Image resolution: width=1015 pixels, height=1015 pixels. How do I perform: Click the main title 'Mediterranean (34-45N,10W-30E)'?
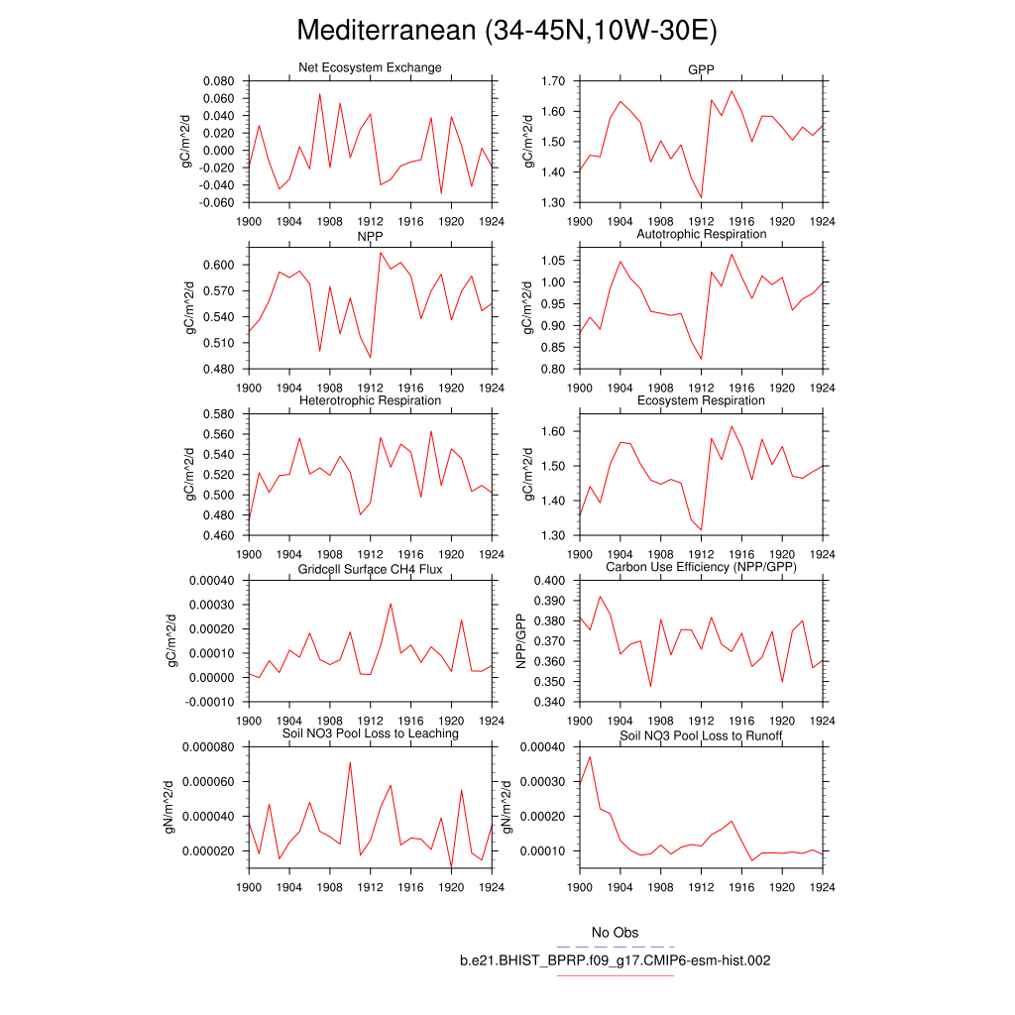(507, 31)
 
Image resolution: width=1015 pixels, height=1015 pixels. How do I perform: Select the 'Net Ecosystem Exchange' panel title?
(370, 67)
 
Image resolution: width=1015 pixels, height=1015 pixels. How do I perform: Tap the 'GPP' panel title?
(701, 70)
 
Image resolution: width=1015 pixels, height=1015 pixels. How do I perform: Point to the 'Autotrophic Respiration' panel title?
(701, 234)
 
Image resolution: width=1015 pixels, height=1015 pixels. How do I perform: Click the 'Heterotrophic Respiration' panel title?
(370, 400)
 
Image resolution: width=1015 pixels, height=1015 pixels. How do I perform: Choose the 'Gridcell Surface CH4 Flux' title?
(370, 570)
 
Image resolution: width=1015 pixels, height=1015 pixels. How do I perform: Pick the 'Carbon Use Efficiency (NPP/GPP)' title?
(701, 566)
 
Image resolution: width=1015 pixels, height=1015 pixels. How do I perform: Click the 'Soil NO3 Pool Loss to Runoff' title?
(701, 735)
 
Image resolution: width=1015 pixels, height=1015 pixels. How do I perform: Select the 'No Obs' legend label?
(615, 933)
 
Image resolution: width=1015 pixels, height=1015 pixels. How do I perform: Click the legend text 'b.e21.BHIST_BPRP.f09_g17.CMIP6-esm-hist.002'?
(615, 960)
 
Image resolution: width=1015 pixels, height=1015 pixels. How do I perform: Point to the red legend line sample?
(615, 976)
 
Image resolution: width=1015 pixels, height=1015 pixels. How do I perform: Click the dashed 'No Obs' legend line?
(615, 947)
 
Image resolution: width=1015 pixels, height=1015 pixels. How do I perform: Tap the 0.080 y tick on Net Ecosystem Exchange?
(217, 81)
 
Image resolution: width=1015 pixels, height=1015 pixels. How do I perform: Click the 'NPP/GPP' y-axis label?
(521, 640)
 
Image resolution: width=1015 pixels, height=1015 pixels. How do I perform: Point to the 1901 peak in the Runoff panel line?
(590, 757)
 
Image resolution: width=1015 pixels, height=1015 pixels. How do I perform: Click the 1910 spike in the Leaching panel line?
(350, 762)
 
